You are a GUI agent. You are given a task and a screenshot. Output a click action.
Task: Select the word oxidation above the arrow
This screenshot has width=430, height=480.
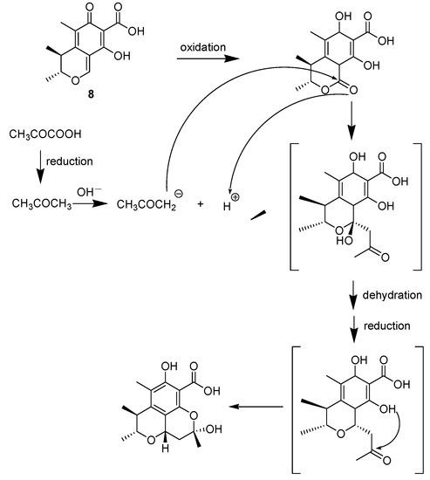pos(208,45)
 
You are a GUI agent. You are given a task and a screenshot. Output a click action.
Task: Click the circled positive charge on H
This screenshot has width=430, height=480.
pos(233,195)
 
